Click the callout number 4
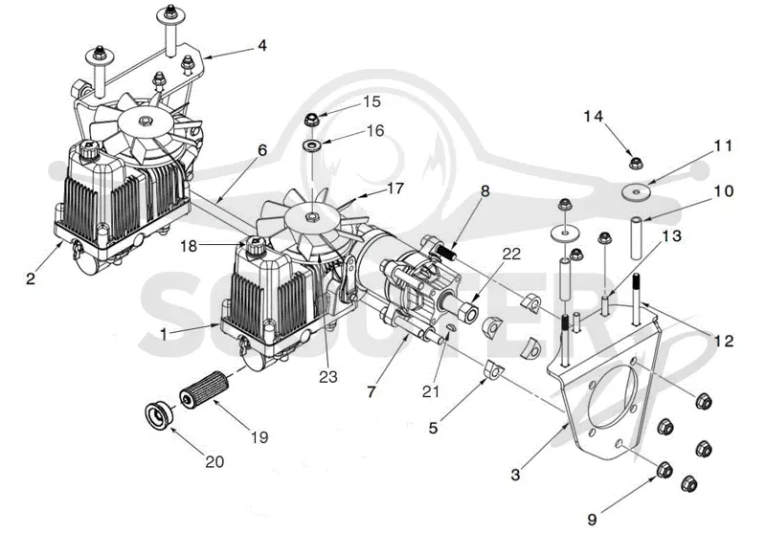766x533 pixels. [x=262, y=45]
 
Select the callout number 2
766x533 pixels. [x=31, y=278]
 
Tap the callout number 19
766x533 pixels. [x=259, y=437]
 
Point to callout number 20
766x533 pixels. [x=214, y=461]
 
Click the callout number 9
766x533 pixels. [x=592, y=520]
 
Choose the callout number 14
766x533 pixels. [x=594, y=116]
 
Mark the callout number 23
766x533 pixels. [x=328, y=376]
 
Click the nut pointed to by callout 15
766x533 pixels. [x=310, y=119]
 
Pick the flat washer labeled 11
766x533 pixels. [x=635, y=190]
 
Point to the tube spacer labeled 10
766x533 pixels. [x=635, y=238]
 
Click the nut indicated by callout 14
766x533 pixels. [x=636, y=163]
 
